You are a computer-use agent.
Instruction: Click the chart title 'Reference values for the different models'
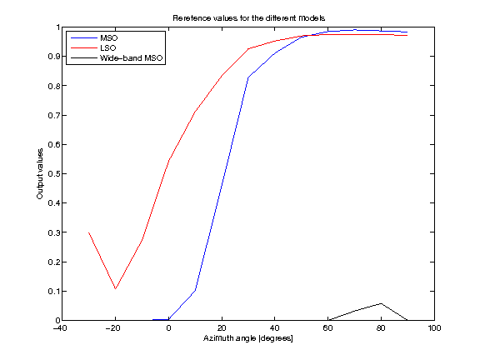tap(247, 17)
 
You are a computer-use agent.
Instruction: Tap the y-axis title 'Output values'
tap(40, 173)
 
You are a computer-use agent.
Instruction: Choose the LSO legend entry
tap(109, 47)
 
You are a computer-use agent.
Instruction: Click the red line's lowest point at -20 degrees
tap(116, 289)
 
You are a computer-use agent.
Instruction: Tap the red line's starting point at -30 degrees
tap(89, 232)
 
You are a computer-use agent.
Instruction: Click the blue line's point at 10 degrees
tap(195, 290)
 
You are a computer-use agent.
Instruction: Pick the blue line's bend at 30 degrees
tap(248, 77)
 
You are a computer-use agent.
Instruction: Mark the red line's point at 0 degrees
tap(169, 160)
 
